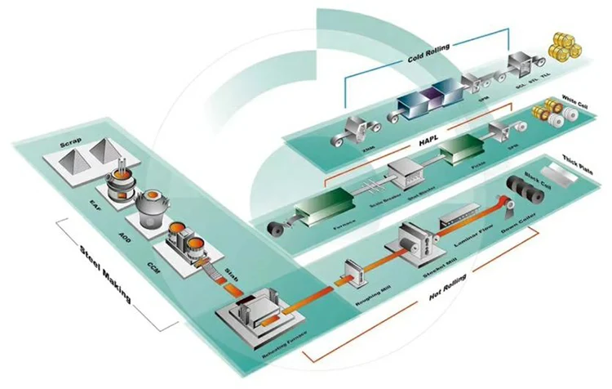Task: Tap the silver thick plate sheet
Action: tap(561, 174)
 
